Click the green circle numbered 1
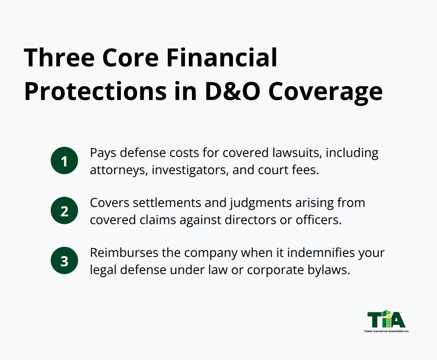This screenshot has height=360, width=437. [x=64, y=161]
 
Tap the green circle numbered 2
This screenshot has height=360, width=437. [x=64, y=211]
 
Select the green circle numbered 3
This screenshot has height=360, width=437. [x=64, y=261]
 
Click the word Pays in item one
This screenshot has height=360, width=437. [x=103, y=153]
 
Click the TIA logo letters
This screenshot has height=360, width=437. [x=386, y=319]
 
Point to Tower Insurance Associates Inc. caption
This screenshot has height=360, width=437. [x=386, y=331]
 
